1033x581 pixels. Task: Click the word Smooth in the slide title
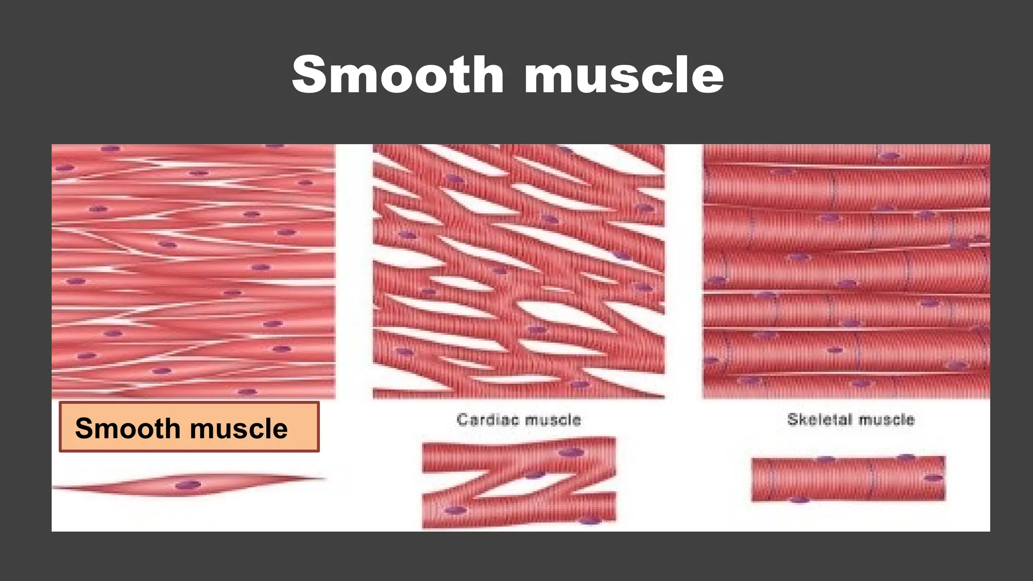tap(398, 75)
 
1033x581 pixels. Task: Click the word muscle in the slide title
tap(624, 75)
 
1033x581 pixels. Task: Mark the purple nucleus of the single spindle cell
tap(188, 485)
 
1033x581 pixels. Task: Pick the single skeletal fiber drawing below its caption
tap(848, 479)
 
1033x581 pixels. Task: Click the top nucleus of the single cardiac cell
tap(571, 452)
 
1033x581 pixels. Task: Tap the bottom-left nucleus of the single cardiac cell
tap(455, 510)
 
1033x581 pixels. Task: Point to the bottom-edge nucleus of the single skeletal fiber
tap(799, 500)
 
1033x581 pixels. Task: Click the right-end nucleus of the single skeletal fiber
tap(933, 478)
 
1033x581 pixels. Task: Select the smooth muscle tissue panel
tap(194, 271)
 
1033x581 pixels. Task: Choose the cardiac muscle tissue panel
tap(519, 271)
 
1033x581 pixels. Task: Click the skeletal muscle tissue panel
tap(846, 271)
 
